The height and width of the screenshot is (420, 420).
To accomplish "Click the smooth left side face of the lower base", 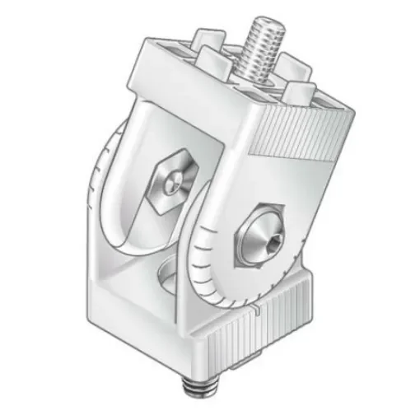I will [x=132, y=321].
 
